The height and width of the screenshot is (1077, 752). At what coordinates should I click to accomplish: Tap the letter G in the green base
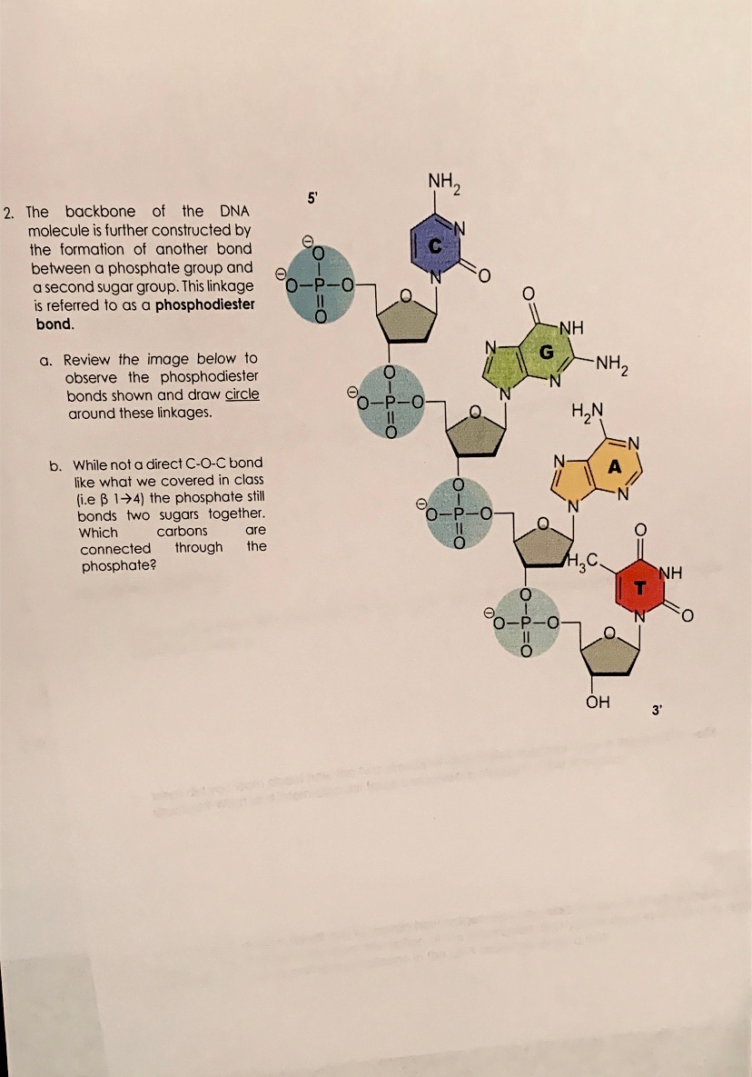pos(547,351)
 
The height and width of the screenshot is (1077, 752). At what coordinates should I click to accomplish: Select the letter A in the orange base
pos(614,467)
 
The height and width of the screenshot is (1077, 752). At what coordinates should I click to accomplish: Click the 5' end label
pos(312,196)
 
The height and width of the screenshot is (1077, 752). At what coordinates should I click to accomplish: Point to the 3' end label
pos(656,709)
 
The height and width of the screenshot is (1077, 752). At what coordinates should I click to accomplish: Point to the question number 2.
pos(8,214)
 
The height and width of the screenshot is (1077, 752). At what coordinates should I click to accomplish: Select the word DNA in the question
pos(234,212)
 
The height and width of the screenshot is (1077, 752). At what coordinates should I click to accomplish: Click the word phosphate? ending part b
pos(114,565)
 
